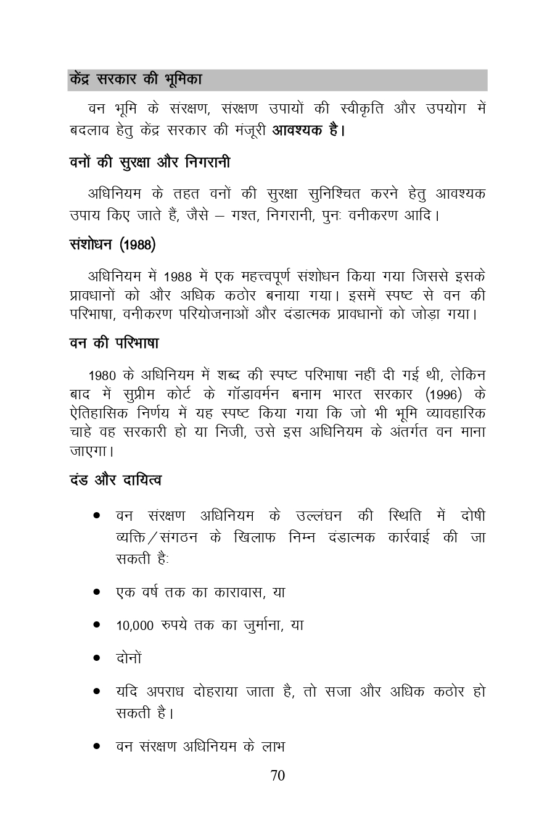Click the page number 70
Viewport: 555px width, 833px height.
click(x=277, y=776)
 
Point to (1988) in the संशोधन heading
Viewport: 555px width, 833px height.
click(x=137, y=245)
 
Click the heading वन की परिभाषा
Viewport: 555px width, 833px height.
click(x=114, y=343)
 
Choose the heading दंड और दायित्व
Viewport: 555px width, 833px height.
click(x=115, y=479)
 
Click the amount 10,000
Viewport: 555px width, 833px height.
click(x=134, y=626)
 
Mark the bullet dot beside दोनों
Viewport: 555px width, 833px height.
click(x=97, y=658)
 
